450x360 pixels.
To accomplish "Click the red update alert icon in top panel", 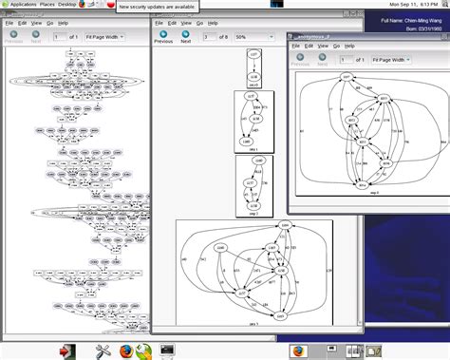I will (x=111, y=5).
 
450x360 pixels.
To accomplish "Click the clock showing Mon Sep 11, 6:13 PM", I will (x=412, y=5).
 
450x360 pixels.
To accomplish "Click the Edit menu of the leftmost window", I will (x=24, y=22).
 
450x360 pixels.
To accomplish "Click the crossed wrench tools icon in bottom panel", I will (x=98, y=351).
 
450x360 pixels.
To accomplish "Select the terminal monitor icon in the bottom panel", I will (x=166, y=351).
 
